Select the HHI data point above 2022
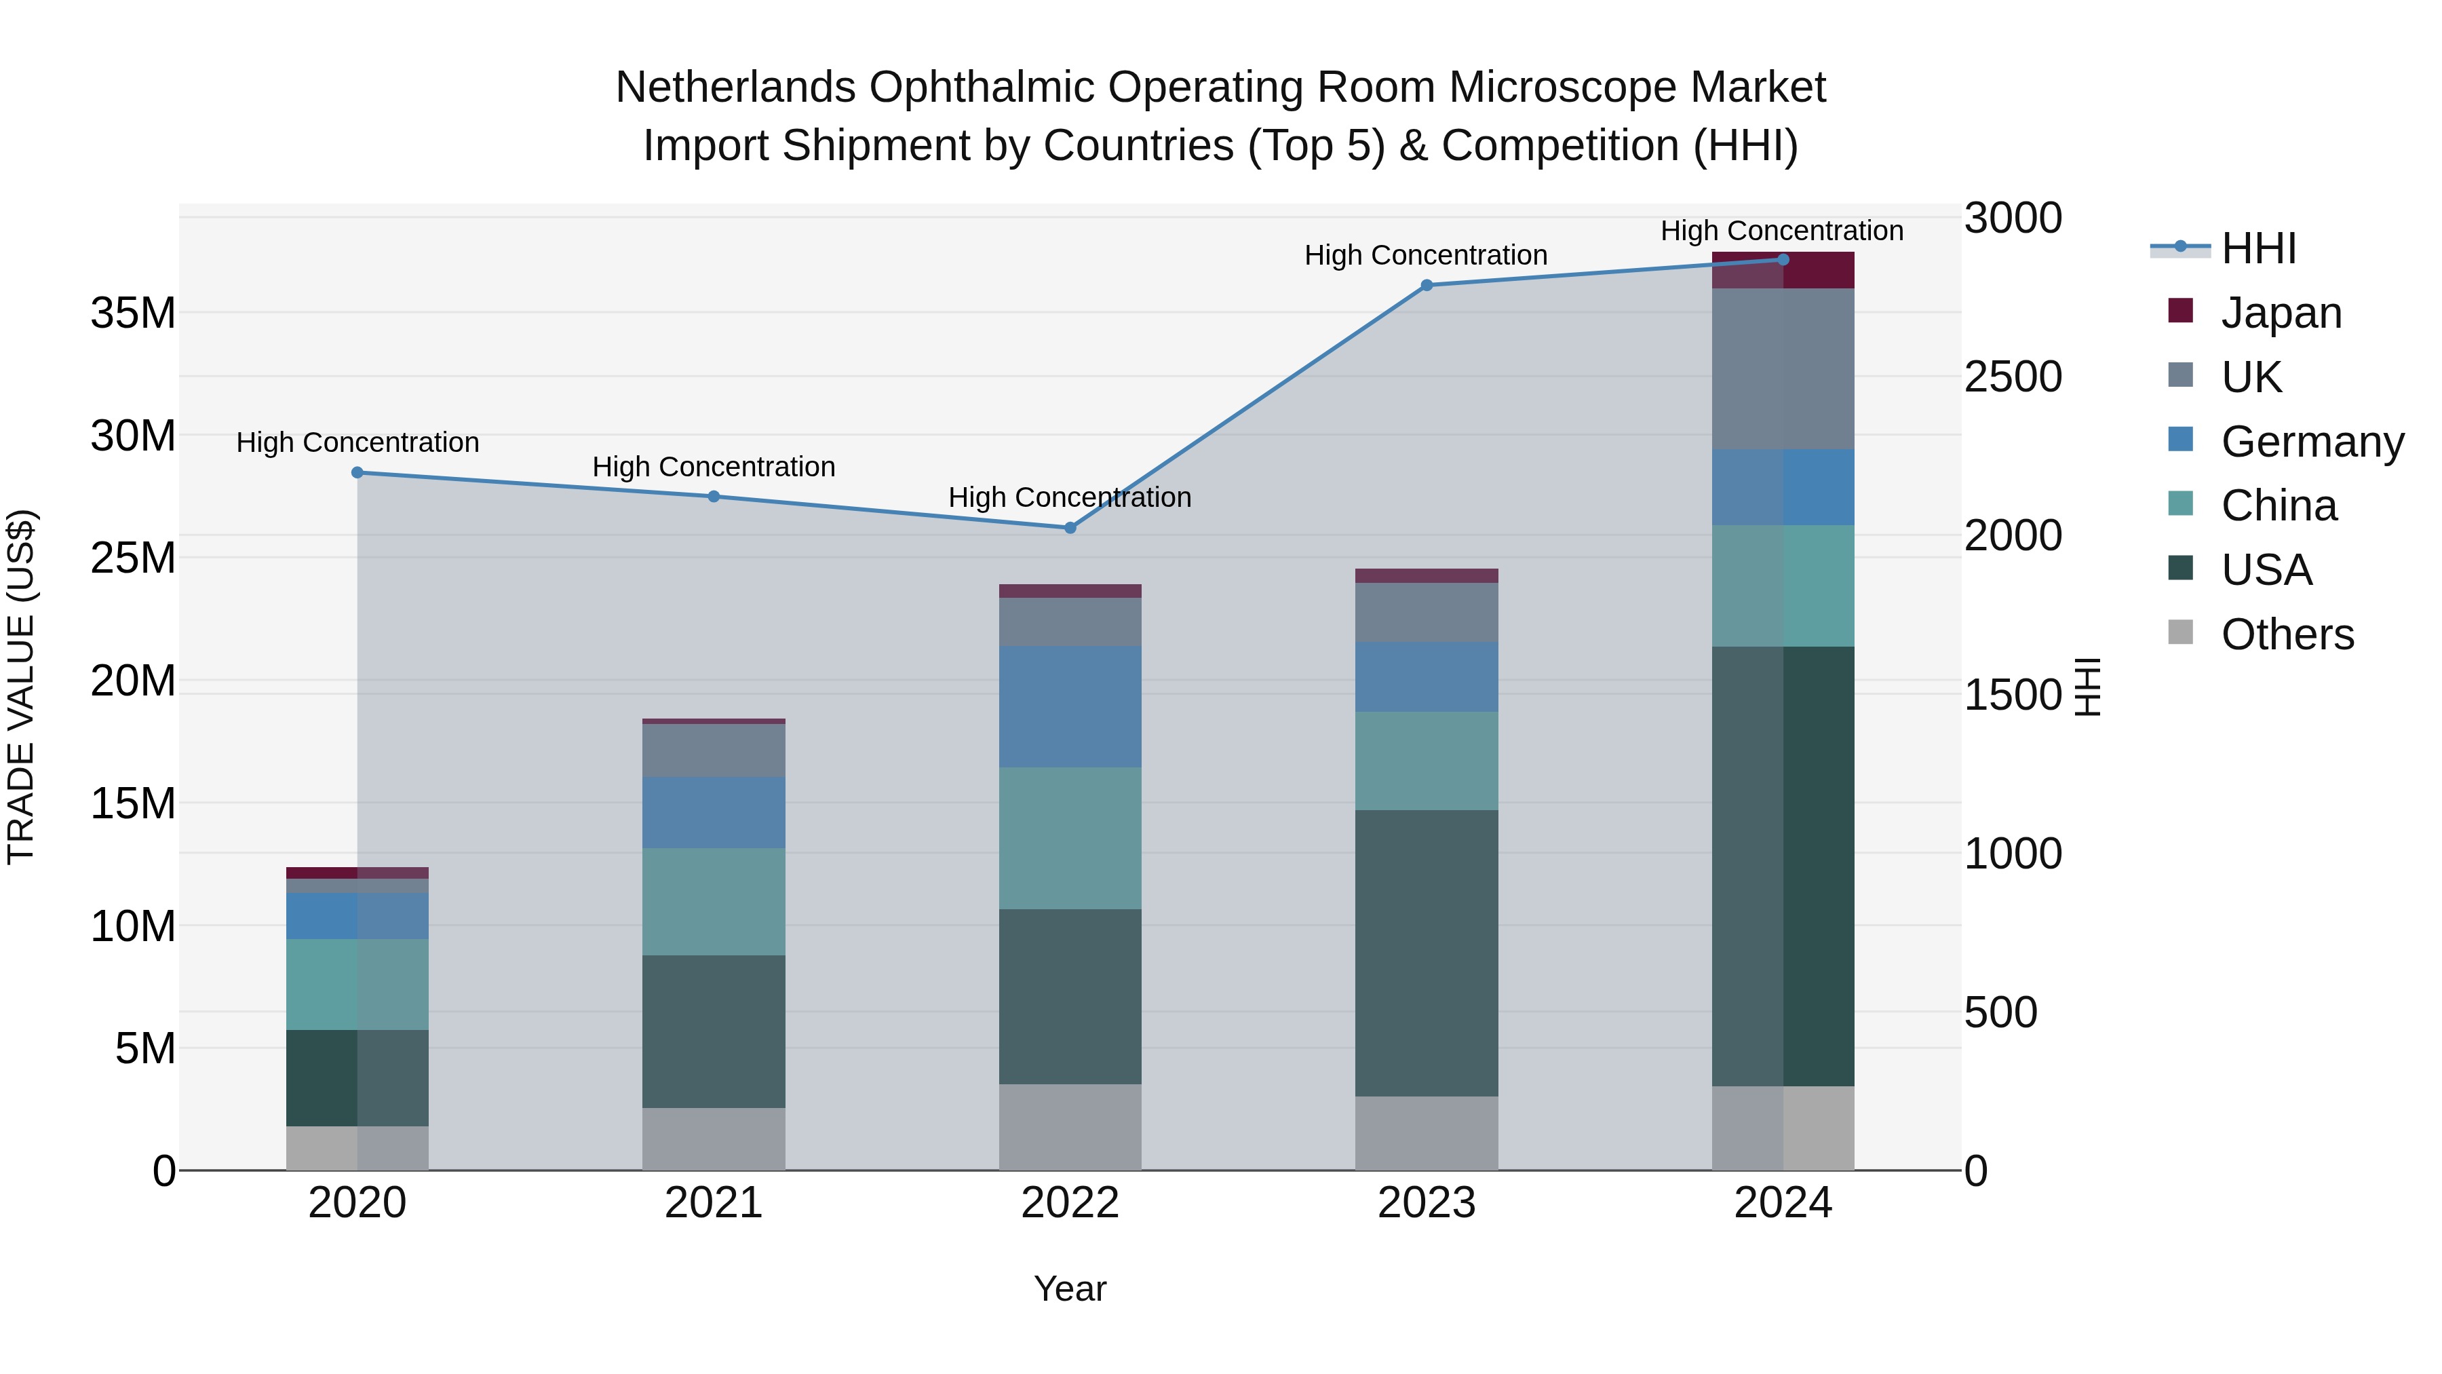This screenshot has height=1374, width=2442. [1070, 527]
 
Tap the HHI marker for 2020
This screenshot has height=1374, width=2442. [357, 472]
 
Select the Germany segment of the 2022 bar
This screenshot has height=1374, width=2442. [1070, 706]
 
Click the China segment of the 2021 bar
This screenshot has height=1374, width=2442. [714, 901]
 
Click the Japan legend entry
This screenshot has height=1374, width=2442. [2280, 313]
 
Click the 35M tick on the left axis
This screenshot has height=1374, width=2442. [133, 313]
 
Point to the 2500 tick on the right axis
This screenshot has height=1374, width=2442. [2012, 377]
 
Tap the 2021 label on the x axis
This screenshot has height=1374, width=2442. [714, 1203]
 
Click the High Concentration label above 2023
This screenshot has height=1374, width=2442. [1426, 255]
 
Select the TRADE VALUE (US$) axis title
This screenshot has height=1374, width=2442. [22, 687]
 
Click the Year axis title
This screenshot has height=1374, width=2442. [1070, 1289]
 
